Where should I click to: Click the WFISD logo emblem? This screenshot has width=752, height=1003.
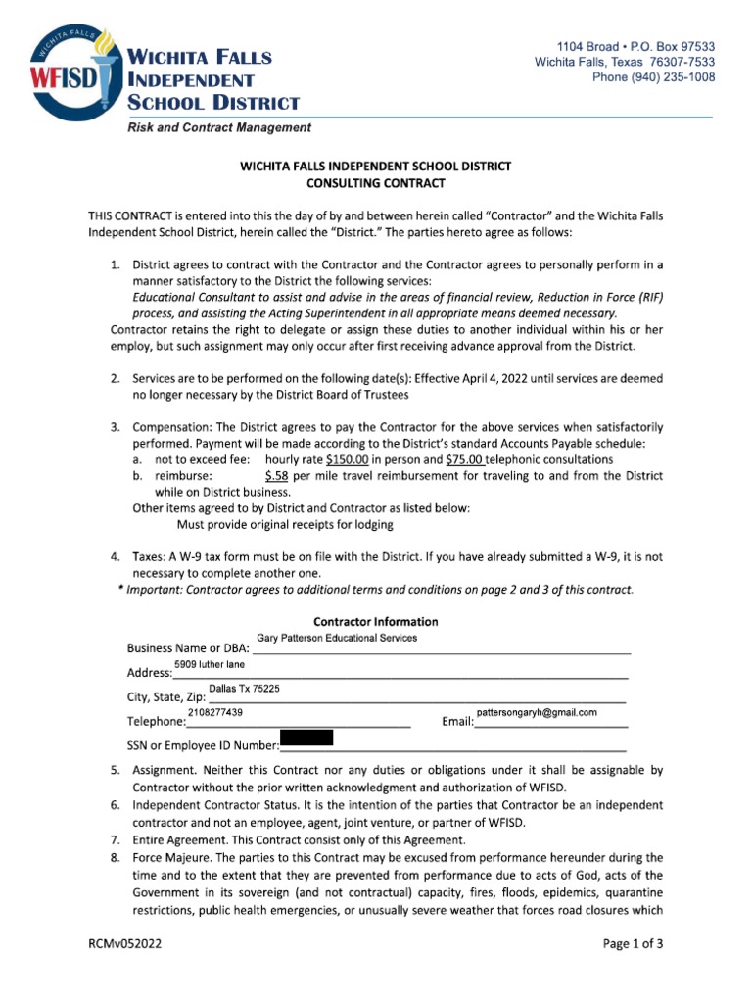coord(69,72)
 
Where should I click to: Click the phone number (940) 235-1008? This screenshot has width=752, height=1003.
coord(654,78)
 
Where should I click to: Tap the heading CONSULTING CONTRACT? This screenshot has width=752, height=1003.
coord(376,183)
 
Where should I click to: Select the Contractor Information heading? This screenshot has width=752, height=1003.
coord(376,622)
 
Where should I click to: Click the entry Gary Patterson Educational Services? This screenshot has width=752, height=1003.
coord(337,638)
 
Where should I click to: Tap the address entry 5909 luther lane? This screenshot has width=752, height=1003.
coord(210,665)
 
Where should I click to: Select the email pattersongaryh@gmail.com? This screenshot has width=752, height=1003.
coord(537,712)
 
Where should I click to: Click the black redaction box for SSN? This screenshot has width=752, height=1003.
coord(306,738)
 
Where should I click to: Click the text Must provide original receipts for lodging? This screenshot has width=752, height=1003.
coord(285,525)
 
